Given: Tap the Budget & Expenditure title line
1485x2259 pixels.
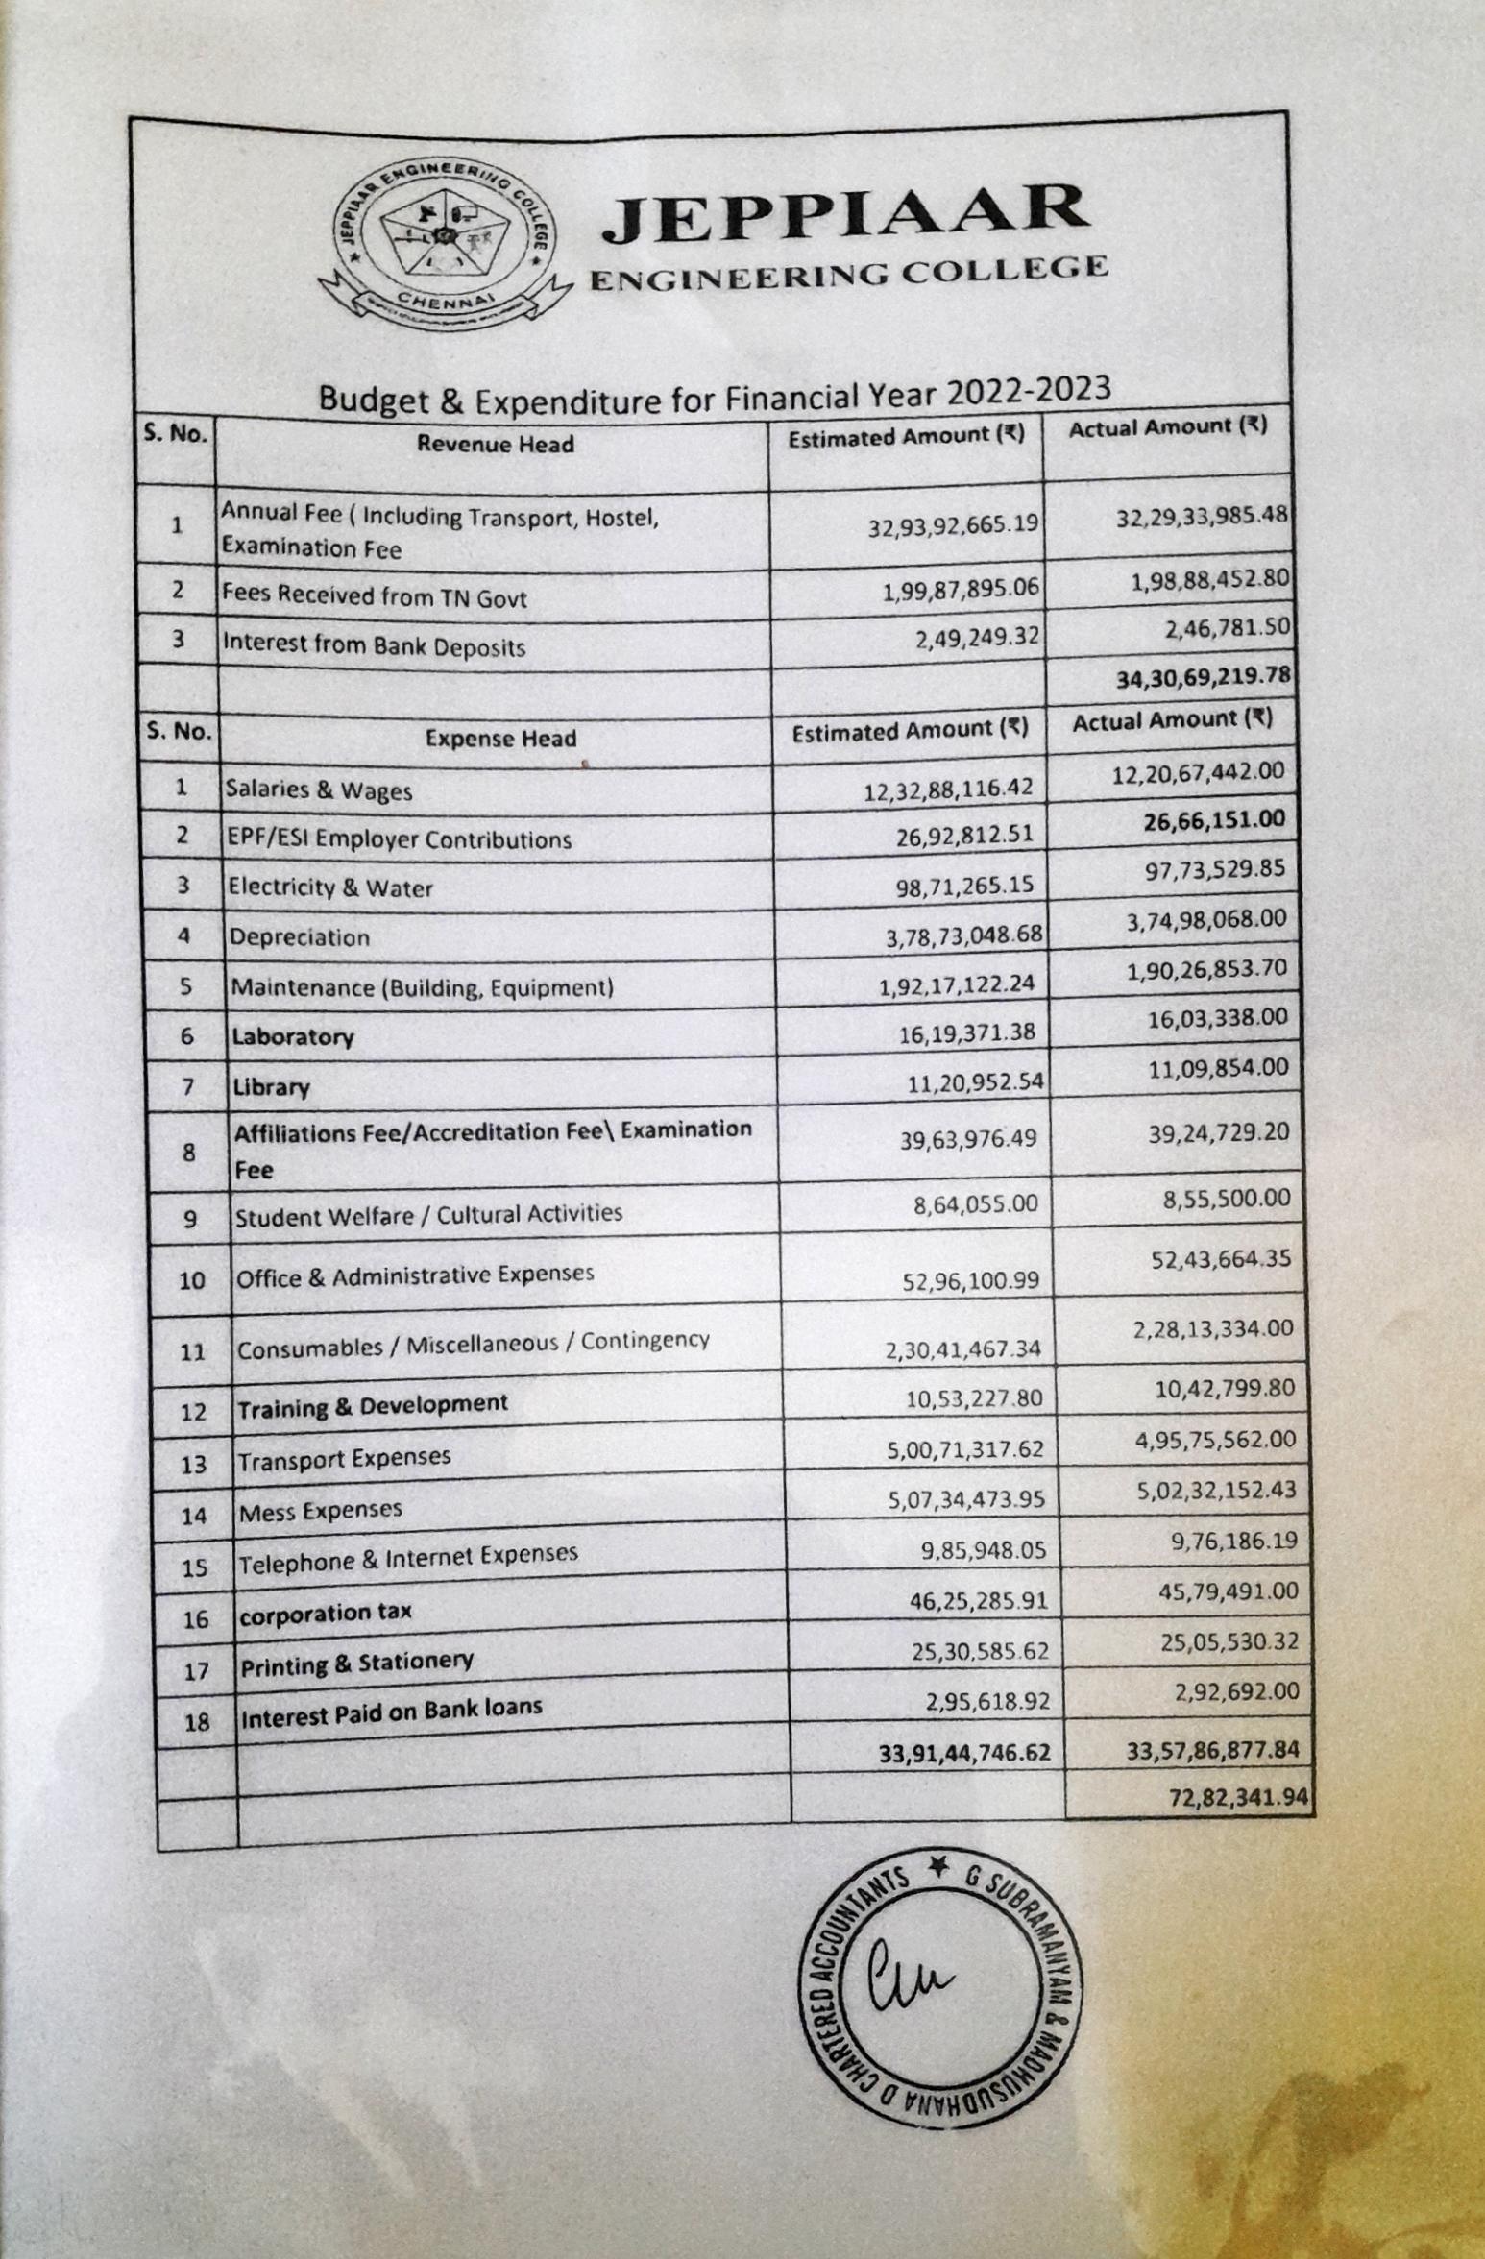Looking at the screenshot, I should tap(714, 394).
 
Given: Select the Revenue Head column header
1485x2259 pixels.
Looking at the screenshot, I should tap(495, 444).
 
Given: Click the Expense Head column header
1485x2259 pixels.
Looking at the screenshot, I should tap(500, 739).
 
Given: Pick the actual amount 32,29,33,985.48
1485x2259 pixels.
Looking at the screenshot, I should tap(1201, 516).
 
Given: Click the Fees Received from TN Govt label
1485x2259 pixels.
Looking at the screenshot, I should tap(375, 596).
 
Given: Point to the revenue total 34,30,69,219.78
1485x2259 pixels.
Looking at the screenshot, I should tap(1203, 677).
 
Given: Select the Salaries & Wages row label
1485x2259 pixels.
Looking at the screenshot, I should tap(318, 790).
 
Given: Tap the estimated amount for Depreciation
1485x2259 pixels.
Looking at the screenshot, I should tap(963, 935).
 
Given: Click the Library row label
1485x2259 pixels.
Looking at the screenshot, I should tap(271, 1087).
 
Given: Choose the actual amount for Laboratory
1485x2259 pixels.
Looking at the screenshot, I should tap(1218, 1018).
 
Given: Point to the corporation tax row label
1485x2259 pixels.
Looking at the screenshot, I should tap(326, 1614).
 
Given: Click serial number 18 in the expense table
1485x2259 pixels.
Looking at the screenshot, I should tap(196, 1722).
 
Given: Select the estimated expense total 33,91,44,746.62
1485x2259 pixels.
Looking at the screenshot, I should tap(964, 1753).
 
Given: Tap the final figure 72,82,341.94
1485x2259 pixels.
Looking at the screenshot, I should tap(1239, 1797).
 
